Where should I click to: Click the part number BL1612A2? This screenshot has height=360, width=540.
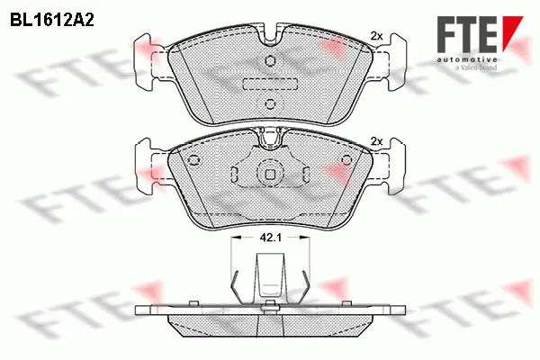[53, 17]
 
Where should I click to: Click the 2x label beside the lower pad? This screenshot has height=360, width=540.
[377, 140]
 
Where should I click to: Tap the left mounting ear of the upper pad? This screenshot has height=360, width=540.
[143, 56]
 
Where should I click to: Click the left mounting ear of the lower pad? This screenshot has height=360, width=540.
[143, 162]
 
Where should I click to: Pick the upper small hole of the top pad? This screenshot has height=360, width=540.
[270, 61]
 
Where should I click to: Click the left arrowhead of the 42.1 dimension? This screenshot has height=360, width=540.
[236, 238]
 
